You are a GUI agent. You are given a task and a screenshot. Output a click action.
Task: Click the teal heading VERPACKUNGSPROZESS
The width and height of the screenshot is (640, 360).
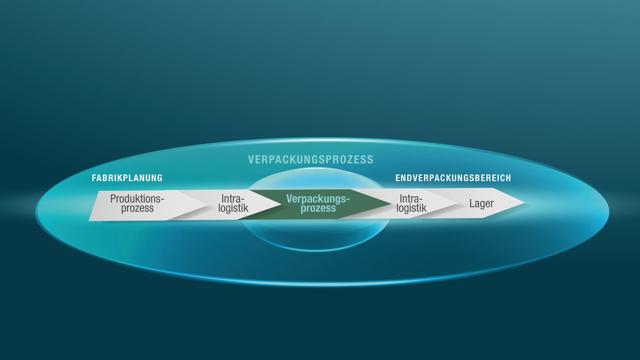tap(311, 160)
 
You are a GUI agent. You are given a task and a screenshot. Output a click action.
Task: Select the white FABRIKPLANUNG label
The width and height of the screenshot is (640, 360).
tap(127, 178)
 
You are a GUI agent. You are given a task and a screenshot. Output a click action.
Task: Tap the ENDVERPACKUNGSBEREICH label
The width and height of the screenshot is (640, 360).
tap(453, 178)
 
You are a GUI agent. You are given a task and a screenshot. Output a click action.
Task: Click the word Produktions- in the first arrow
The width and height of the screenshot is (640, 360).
tap(137, 199)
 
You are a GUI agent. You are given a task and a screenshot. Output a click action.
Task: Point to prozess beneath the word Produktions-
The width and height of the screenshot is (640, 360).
tap(137, 208)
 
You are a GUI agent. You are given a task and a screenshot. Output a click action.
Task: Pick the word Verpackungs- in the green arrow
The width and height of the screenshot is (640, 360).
tap(318, 199)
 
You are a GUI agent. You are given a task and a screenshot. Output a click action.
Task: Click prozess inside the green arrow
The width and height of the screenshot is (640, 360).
tap(318, 208)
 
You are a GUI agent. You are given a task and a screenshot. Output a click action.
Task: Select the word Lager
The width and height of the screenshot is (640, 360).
tap(481, 204)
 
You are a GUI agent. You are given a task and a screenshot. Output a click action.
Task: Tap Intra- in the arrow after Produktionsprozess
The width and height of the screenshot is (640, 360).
tap(233, 199)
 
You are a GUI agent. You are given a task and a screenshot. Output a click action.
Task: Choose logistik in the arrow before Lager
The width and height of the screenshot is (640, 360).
tap(411, 208)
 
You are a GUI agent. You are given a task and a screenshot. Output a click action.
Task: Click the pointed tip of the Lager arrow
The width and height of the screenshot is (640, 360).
tap(524, 202)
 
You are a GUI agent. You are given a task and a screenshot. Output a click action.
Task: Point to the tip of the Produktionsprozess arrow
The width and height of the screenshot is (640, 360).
tap(208, 205)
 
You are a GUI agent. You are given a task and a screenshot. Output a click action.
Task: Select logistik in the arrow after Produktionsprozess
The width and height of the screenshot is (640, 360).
tap(233, 208)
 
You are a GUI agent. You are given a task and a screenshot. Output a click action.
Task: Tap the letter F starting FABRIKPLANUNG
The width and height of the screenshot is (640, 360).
tap(94, 178)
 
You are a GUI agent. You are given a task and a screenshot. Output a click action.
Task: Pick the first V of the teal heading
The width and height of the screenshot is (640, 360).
tap(251, 160)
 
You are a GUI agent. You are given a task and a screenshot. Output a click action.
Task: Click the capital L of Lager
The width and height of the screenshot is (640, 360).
tap(472, 203)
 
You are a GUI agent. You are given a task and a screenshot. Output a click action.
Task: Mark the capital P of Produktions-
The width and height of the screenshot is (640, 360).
tap(113, 199)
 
